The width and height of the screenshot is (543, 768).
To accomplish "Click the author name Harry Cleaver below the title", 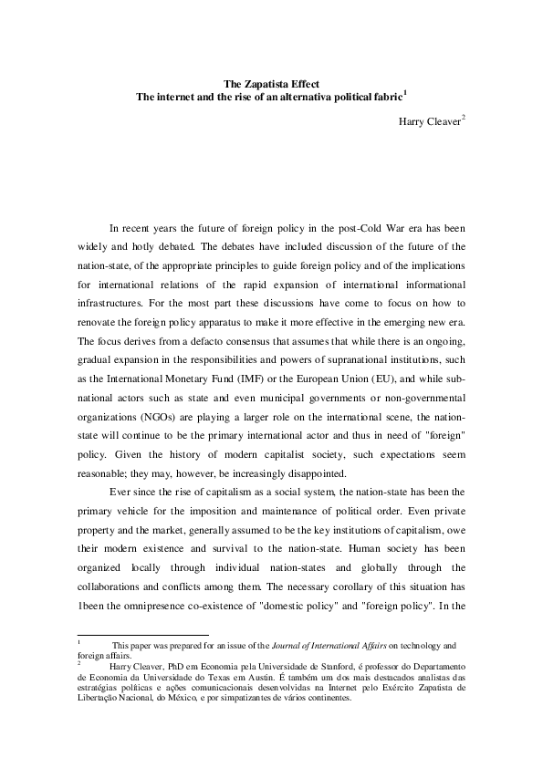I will coord(429,120).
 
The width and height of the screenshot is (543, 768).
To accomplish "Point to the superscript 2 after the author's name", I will coord(463,117).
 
